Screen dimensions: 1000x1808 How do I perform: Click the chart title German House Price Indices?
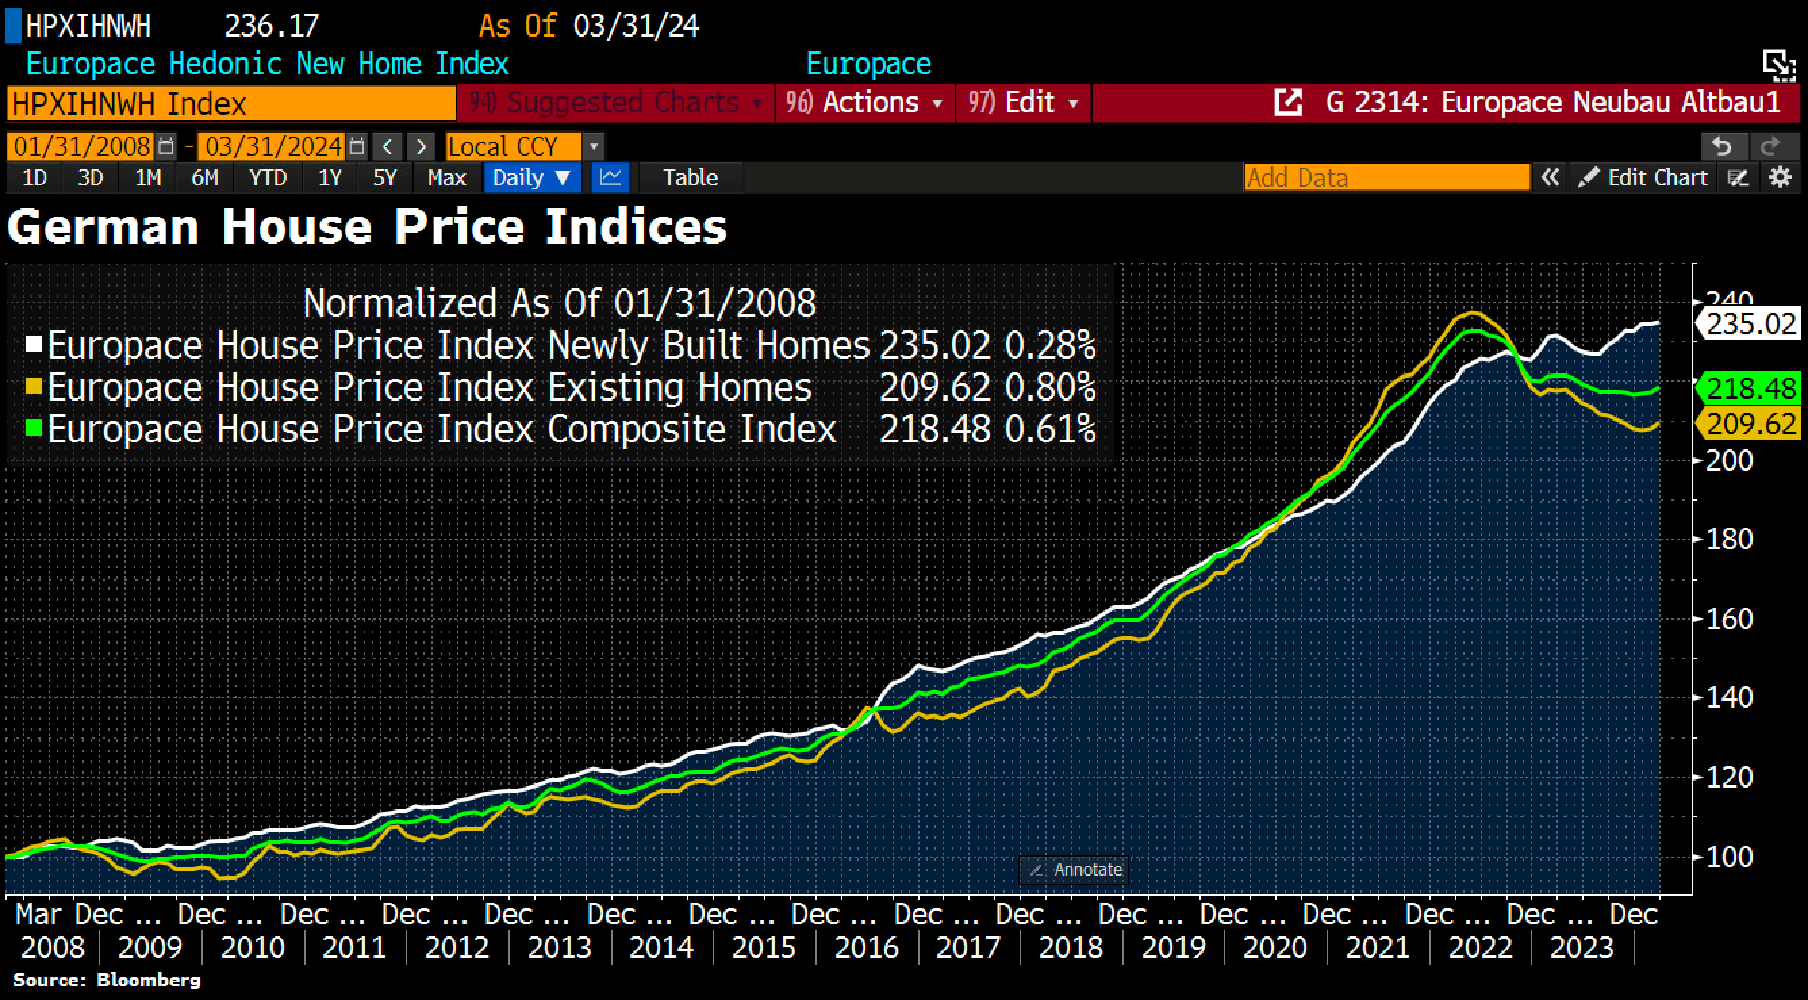[x=366, y=227]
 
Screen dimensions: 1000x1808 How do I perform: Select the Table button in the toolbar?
[x=690, y=178]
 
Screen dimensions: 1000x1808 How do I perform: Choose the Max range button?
[x=446, y=178]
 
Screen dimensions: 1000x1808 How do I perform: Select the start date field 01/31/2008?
[x=81, y=147]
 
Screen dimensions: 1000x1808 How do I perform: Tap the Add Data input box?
[x=1386, y=178]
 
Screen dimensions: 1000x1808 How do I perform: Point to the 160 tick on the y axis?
[x=1729, y=618]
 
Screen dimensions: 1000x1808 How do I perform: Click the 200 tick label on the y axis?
[x=1729, y=461]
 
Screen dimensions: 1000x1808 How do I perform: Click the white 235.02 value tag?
[x=1751, y=323]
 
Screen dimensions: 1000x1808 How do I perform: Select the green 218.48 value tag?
[x=1751, y=388]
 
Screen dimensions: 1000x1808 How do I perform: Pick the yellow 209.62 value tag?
[x=1751, y=424]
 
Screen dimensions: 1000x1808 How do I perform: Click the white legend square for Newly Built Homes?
[x=34, y=344]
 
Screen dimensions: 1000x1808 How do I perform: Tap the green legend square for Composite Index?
[x=34, y=428]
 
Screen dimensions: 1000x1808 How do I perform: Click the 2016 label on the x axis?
[x=866, y=947]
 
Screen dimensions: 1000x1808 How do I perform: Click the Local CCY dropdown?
[x=523, y=147]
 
